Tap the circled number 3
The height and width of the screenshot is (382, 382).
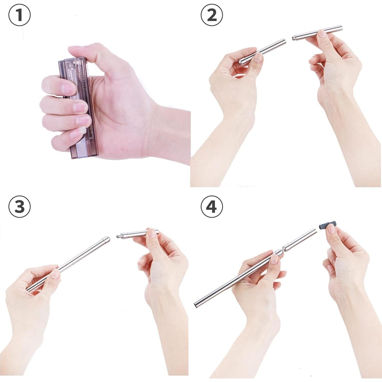click(19, 207)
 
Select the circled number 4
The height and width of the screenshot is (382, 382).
click(212, 207)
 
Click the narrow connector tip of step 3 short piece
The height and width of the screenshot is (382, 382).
click(118, 236)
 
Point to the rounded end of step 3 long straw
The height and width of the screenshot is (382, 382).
click(107, 239)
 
